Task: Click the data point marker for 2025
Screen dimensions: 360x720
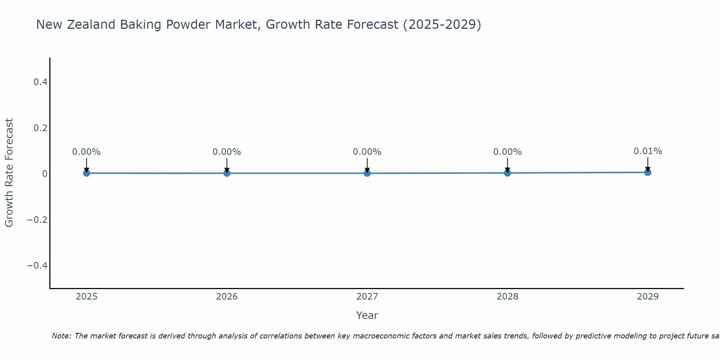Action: click(x=86, y=173)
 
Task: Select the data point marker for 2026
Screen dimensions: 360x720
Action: click(x=227, y=173)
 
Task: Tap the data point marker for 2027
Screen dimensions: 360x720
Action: click(x=367, y=173)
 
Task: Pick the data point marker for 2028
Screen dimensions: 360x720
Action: click(x=508, y=173)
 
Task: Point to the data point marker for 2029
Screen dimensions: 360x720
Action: click(x=648, y=172)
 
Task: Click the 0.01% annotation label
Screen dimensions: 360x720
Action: click(x=648, y=151)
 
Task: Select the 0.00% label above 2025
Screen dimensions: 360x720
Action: click(x=86, y=152)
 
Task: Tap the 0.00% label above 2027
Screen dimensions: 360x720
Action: click(x=367, y=152)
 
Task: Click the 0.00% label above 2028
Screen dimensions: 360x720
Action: click(x=508, y=152)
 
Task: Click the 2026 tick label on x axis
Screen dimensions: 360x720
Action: click(x=227, y=297)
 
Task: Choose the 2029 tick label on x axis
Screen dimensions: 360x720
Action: click(x=648, y=297)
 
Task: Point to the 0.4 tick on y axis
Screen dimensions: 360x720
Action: click(x=40, y=82)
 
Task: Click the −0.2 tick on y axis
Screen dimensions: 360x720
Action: click(x=37, y=220)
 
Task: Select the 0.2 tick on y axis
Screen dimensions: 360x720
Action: click(x=40, y=128)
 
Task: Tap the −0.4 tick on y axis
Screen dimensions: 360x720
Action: click(x=37, y=266)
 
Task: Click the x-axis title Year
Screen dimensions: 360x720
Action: click(x=367, y=315)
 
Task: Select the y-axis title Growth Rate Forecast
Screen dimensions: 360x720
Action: click(x=9, y=173)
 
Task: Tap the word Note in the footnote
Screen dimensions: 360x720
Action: click(x=61, y=336)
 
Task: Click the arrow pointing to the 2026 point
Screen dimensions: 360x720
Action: click(x=227, y=165)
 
